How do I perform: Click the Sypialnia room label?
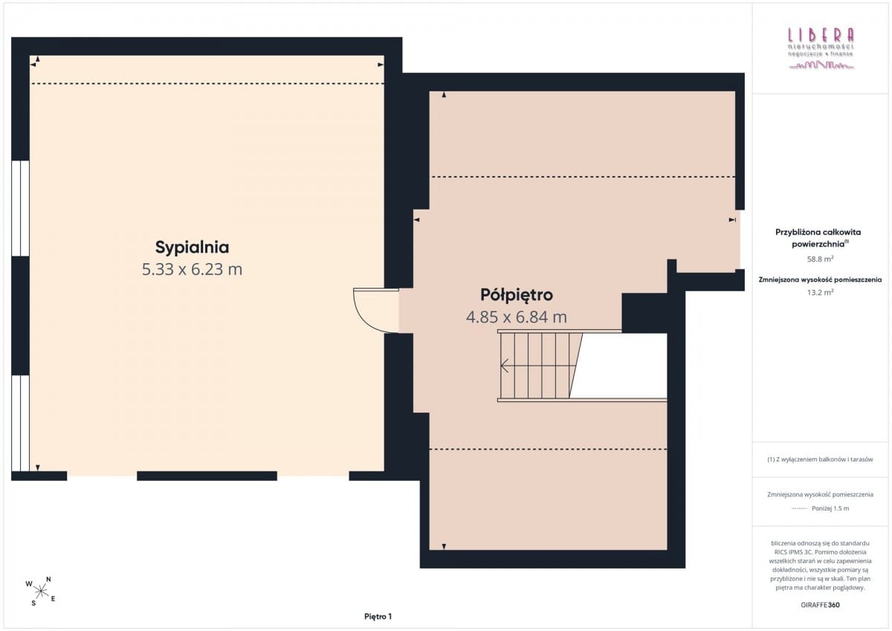[x=192, y=247]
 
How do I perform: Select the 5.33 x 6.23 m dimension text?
[x=192, y=269]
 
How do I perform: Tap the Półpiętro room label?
[x=517, y=295]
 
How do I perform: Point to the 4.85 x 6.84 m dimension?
[x=517, y=317]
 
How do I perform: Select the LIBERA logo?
[x=821, y=48]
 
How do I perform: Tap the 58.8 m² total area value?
[x=821, y=259]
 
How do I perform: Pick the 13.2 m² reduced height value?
[x=821, y=292]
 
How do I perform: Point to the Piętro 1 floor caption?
[x=378, y=617]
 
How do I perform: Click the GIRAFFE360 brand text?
[x=821, y=605]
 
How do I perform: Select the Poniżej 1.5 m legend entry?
[x=830, y=508]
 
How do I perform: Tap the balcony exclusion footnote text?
[x=821, y=459]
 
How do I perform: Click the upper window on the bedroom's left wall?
[x=20, y=208]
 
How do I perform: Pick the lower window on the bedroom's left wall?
[x=20, y=423]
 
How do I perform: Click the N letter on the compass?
[x=48, y=579]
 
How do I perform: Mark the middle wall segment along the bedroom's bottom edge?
[x=207, y=476]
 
